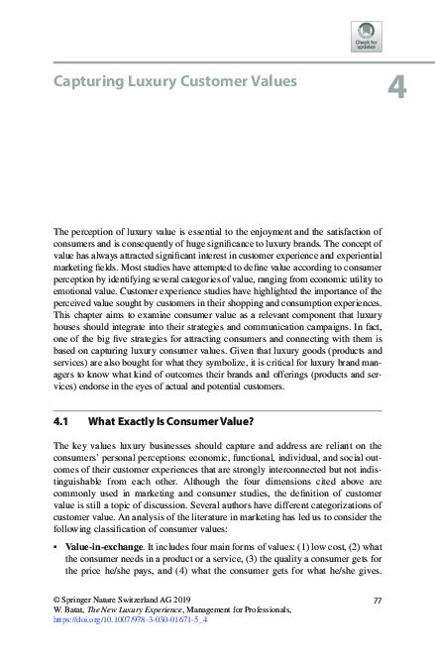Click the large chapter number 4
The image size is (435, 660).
(396, 88)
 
